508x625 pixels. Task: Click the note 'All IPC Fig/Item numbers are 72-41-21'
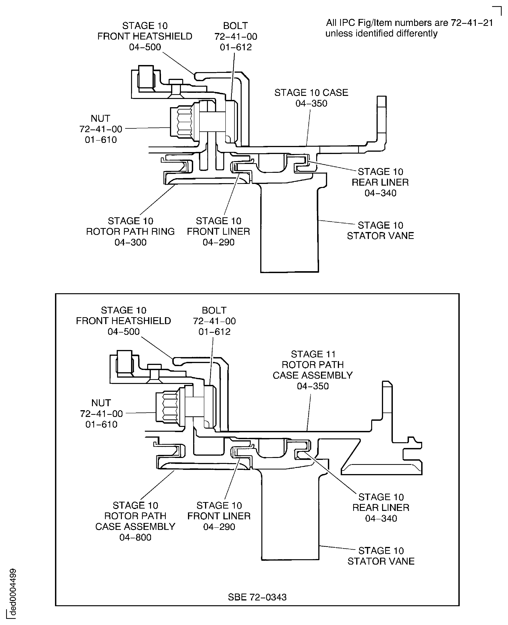click(x=409, y=23)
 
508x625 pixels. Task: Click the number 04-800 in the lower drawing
click(x=135, y=537)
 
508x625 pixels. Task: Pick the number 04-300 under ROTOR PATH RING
click(x=130, y=242)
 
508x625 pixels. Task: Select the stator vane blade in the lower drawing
click(x=290, y=515)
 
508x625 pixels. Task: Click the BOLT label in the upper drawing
click(x=236, y=26)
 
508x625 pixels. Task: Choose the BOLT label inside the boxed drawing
click(x=214, y=310)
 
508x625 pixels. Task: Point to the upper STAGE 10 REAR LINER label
click(x=380, y=182)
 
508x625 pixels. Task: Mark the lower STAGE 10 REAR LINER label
click(x=381, y=508)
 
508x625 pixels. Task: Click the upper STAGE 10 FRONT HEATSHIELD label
click(x=145, y=36)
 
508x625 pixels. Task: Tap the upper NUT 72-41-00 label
click(x=101, y=129)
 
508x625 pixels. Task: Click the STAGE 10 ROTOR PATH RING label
click(x=130, y=231)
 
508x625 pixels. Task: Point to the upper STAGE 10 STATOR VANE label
click(x=380, y=231)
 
